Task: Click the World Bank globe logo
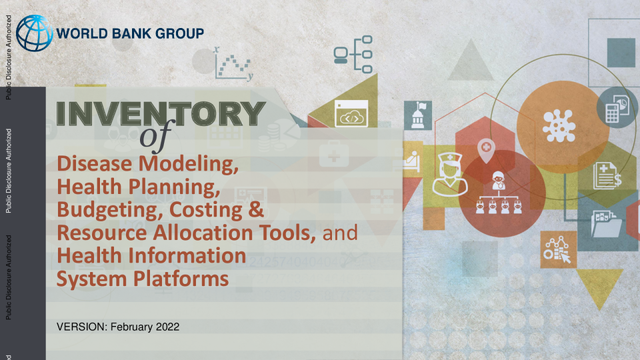pos(34,33)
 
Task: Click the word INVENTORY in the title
pos(161,113)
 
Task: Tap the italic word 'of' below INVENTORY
pos(156,135)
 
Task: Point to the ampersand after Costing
pos(255,209)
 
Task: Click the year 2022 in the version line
pos(167,327)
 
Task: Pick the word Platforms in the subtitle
pos(181,279)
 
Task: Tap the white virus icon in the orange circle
pos(559,127)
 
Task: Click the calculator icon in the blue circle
pos(617,109)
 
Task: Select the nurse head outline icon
pos(450,174)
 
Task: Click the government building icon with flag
pos(418,115)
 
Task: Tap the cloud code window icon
pos(351,113)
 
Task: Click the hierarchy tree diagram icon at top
pos(353,54)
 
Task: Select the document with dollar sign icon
pos(607,176)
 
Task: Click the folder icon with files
pos(607,224)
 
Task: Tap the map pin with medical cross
pos(486,150)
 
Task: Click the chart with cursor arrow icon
pos(557,249)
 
